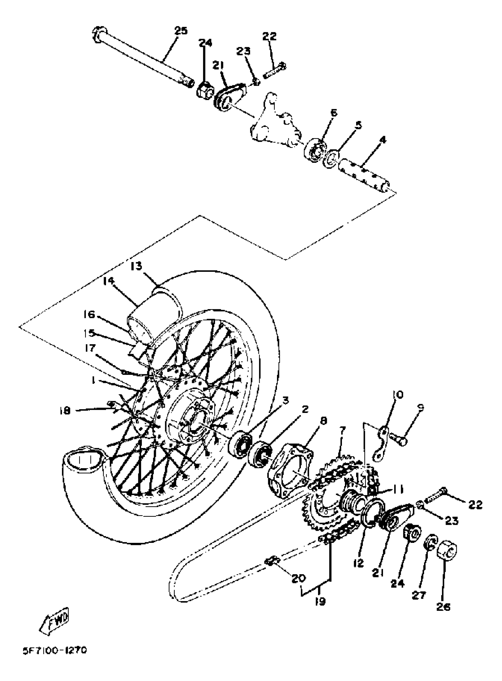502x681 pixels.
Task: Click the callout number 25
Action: coord(181,31)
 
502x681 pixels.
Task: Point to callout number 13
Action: coord(136,266)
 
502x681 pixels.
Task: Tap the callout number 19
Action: coord(320,601)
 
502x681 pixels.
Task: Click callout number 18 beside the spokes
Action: coord(65,411)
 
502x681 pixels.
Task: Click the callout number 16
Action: coord(90,314)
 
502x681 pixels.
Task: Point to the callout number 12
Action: coord(358,563)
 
